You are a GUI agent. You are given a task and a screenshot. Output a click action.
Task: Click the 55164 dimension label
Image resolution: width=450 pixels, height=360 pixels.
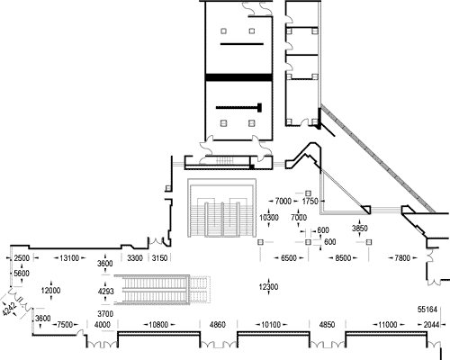point(427,310)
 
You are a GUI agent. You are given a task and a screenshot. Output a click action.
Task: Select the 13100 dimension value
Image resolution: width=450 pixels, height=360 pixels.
point(69,258)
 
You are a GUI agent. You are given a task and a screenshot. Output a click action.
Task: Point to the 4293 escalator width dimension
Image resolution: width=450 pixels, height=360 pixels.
point(105,291)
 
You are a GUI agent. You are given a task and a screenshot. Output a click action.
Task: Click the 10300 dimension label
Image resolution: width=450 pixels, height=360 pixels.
point(269,218)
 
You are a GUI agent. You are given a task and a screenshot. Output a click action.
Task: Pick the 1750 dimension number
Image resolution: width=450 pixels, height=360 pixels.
point(310,201)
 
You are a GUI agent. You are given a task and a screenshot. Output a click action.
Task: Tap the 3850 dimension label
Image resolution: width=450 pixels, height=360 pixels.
point(360,229)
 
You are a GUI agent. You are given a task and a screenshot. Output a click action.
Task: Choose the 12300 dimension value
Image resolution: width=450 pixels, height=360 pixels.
point(268,287)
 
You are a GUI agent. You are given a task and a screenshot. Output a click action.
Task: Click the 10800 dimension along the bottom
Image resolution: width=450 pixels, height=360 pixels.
point(158,325)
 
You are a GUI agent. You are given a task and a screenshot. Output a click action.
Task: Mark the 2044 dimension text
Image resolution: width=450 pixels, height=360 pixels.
point(431,325)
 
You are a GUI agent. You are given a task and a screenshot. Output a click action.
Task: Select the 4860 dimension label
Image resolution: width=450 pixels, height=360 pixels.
point(217,325)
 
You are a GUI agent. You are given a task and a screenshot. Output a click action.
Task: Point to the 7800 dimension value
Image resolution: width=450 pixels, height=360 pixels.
point(402,258)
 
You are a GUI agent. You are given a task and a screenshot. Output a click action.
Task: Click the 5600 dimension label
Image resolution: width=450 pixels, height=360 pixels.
point(22,274)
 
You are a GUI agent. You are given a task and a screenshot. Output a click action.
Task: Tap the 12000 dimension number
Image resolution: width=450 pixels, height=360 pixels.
point(50,291)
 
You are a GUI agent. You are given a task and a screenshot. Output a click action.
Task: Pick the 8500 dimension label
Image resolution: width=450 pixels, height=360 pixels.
point(343,258)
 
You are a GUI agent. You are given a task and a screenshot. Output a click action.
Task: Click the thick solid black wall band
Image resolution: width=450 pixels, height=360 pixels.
point(238,77)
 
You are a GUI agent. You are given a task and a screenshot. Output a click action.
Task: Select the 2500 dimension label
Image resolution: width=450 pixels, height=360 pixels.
point(22,258)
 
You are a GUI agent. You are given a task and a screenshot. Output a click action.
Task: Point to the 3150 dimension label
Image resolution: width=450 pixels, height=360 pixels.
point(159,258)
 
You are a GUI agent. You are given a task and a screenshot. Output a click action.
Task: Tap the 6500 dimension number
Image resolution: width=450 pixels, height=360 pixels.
point(288,258)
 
